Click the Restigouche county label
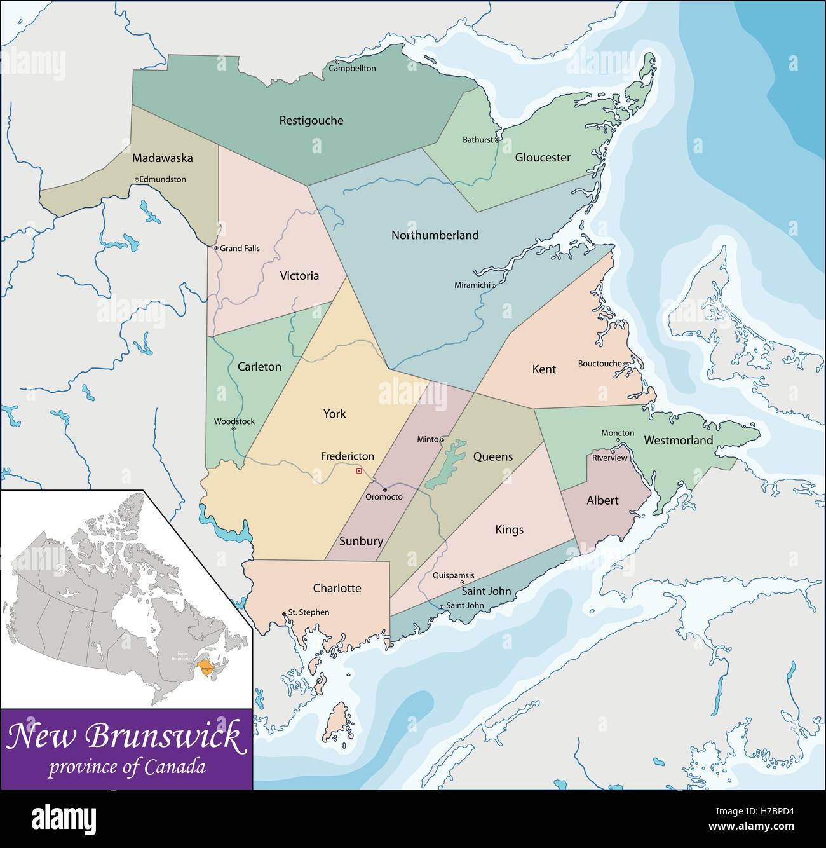click(x=311, y=120)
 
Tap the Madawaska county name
click(x=163, y=158)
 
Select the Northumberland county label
click(x=435, y=235)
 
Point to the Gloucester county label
click(x=543, y=158)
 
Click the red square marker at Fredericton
click(x=359, y=471)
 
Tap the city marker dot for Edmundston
click(x=137, y=180)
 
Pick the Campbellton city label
click(x=352, y=69)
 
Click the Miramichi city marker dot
click(x=494, y=286)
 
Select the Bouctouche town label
click(x=599, y=364)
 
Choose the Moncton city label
click(x=618, y=433)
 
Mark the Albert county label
click(x=602, y=501)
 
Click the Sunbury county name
click(x=361, y=541)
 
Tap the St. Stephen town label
click(x=309, y=612)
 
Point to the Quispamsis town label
click(x=453, y=576)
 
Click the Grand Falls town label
click(x=240, y=249)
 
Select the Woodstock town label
click(x=234, y=421)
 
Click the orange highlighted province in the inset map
click(x=205, y=666)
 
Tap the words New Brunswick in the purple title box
click(x=125, y=737)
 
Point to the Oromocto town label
click(x=384, y=497)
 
